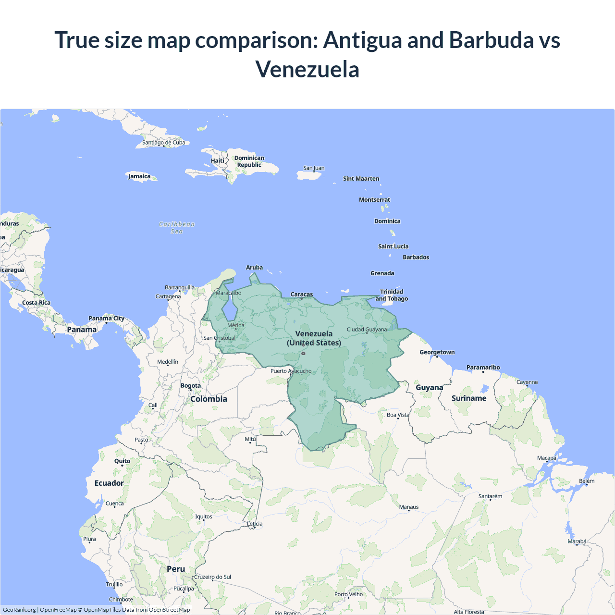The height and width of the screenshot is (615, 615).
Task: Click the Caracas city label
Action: [302, 294]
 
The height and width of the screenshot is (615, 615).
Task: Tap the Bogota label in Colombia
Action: [191, 385]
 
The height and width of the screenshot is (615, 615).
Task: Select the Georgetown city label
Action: [437, 352]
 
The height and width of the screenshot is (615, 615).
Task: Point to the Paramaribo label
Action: [483, 368]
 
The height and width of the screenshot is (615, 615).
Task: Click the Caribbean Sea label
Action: [177, 228]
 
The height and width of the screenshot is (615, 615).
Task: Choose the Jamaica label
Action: [139, 176]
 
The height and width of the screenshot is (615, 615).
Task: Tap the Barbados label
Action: [416, 257]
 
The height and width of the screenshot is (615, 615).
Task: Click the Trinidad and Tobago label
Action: [392, 295]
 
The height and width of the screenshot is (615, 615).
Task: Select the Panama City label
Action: [106, 318]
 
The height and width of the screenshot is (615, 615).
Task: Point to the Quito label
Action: [122, 461]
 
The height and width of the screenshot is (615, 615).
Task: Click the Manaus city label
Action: [409, 507]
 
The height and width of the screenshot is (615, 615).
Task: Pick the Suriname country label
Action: [469, 398]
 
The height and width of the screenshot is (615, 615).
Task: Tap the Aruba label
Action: [254, 268]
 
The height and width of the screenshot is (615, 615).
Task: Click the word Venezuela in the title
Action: [307, 70]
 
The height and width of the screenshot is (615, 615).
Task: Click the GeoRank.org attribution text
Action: [19, 610]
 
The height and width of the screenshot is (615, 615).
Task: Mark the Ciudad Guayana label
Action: [367, 330]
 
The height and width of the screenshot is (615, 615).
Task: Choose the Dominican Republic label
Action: [249, 161]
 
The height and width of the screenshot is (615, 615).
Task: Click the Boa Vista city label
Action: [398, 415]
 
